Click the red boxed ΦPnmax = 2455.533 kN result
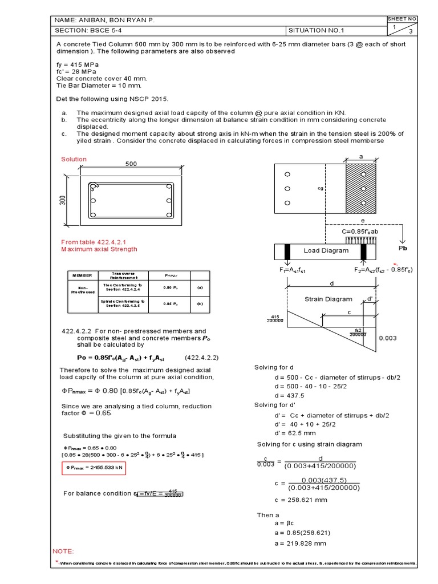point(94,468)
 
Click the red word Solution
point(74,159)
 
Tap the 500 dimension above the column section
point(132,164)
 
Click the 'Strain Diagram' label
point(328,299)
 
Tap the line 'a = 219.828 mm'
point(295,544)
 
